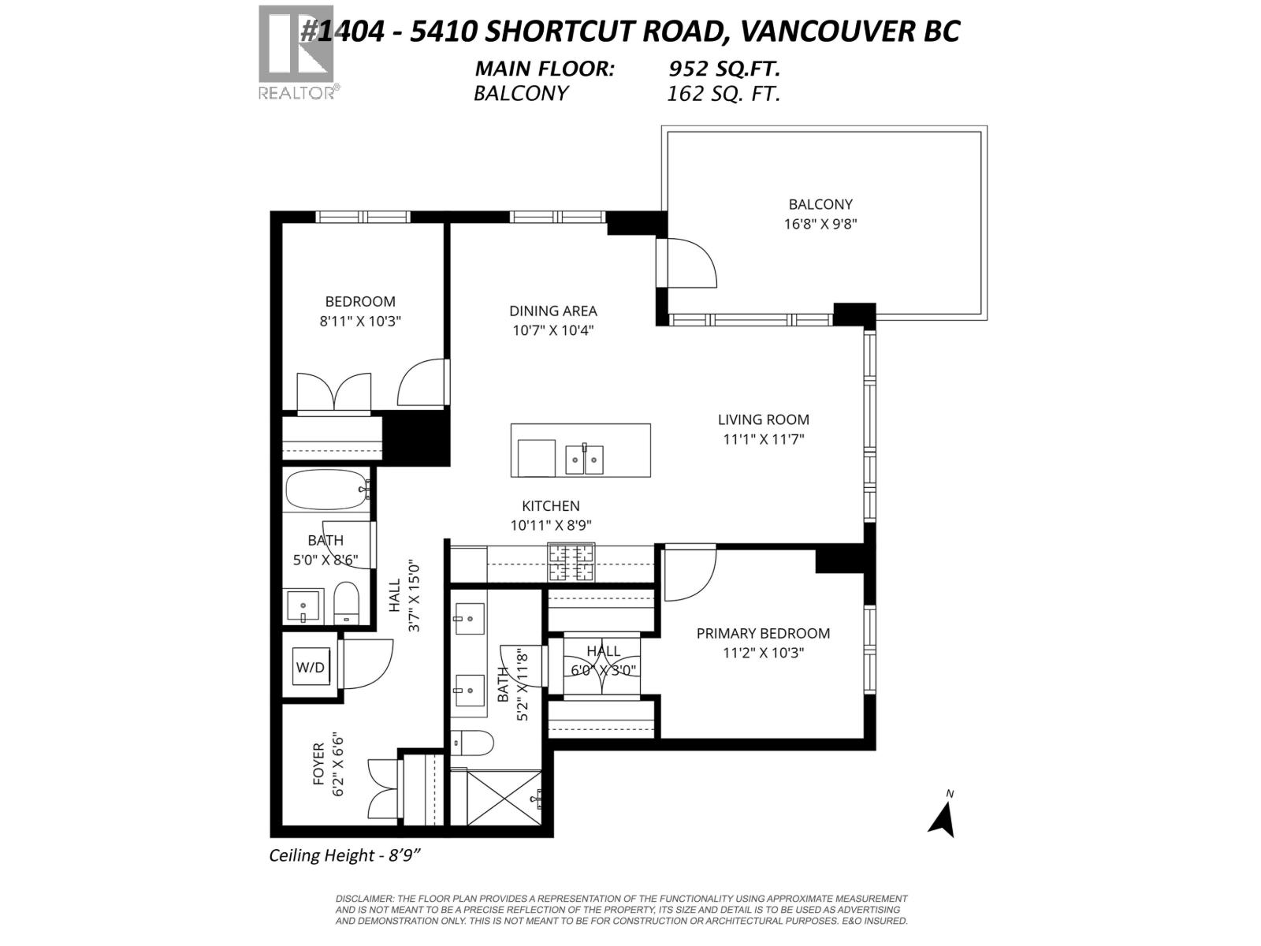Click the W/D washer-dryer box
tap(311, 668)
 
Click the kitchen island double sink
tap(584, 459)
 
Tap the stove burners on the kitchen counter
tap(571, 563)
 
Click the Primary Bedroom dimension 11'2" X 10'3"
tap(763, 653)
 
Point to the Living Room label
tap(763, 419)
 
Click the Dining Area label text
tap(552, 311)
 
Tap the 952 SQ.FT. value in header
tap(724, 69)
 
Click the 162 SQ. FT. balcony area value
tap(723, 95)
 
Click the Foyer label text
tap(319, 763)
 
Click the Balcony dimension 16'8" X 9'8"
tap(820, 224)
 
